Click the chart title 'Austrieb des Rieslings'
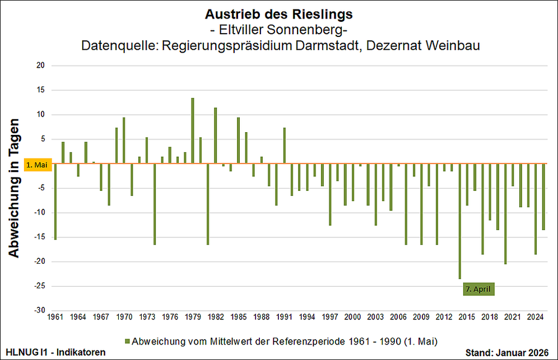tap(278, 13)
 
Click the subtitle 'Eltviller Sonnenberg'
tap(278, 29)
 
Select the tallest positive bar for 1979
tap(193, 130)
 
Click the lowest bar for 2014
tap(459, 221)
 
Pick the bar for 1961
tap(55, 202)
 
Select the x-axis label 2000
tap(352, 317)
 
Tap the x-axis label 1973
tap(147, 317)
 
